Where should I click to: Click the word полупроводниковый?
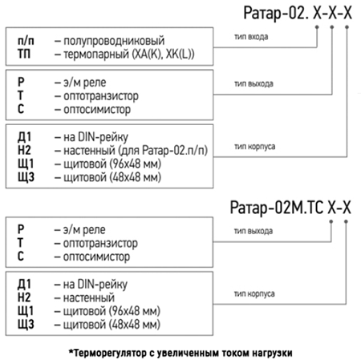click(114, 41)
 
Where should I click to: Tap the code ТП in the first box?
click(24, 54)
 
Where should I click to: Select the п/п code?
click(26, 41)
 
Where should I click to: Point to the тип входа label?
click(251, 37)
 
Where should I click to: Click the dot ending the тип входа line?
click(317, 27)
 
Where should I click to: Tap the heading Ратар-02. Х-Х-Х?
click(298, 13)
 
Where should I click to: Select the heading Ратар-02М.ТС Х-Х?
click(290, 208)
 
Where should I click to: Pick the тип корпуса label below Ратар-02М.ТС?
click(254, 293)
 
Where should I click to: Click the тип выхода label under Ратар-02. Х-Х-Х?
click(254, 83)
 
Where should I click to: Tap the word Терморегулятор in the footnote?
click(109, 354)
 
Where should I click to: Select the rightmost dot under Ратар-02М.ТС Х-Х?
click(346, 221)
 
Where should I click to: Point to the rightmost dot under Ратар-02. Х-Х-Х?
click(347, 27)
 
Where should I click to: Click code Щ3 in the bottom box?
click(26, 325)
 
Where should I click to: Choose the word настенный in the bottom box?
click(89, 297)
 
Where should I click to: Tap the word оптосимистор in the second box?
click(97, 110)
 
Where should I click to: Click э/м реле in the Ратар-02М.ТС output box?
click(84, 230)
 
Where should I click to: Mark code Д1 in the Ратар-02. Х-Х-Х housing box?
click(24, 137)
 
